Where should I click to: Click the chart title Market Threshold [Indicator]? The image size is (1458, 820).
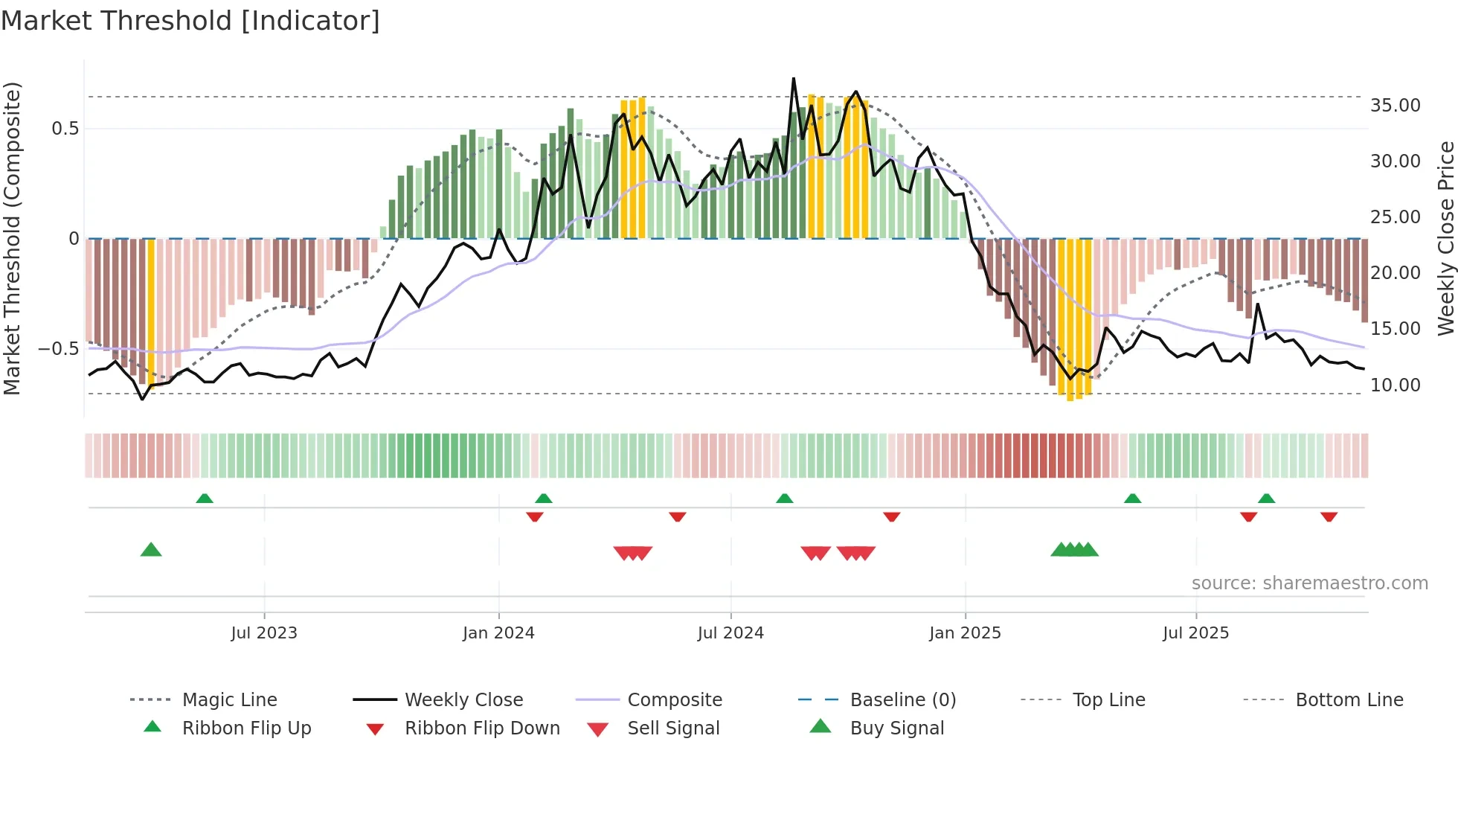tap(190, 21)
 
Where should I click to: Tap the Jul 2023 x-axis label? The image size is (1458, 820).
tap(264, 633)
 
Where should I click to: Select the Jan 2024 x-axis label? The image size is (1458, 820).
tap(498, 633)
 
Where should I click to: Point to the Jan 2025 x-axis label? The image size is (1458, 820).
tap(965, 633)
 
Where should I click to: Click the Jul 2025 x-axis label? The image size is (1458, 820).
tap(1195, 633)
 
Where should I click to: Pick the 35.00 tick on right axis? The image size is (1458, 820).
tap(1395, 106)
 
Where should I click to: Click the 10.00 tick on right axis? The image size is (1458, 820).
tap(1395, 385)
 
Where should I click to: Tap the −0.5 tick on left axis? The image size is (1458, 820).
tap(59, 349)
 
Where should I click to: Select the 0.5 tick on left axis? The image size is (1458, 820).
tap(65, 129)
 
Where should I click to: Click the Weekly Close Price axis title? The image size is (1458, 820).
tap(1445, 238)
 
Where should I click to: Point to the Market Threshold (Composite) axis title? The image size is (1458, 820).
tap(12, 238)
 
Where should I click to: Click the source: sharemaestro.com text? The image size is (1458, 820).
tap(1309, 583)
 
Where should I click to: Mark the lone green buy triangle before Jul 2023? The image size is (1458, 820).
tap(151, 550)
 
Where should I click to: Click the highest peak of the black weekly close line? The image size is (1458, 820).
tap(794, 79)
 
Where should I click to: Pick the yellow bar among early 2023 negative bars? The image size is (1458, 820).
tap(151, 313)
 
